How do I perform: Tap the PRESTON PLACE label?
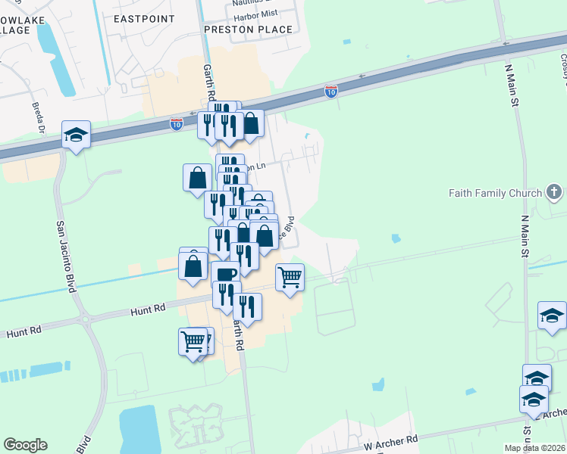(x=249, y=30)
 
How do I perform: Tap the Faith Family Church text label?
(x=495, y=194)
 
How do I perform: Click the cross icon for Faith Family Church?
(x=555, y=192)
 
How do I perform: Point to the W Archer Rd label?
(x=391, y=441)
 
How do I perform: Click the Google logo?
(x=25, y=445)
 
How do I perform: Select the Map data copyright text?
(x=534, y=448)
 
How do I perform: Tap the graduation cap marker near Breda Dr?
(x=76, y=135)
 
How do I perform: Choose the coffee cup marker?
(x=226, y=274)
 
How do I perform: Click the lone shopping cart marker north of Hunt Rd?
(x=290, y=278)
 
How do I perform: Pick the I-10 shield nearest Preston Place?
(x=331, y=92)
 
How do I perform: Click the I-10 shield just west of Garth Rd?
(x=176, y=123)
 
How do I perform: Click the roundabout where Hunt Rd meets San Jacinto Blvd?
(x=84, y=319)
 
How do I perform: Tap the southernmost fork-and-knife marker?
(x=247, y=306)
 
